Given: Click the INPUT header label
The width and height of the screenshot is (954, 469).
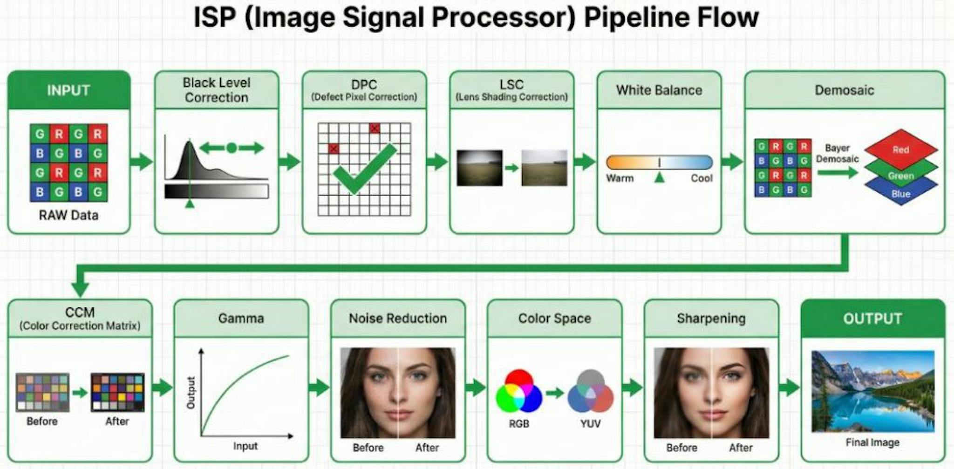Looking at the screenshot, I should coord(68,90).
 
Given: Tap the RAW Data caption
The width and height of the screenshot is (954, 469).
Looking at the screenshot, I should coord(68,215).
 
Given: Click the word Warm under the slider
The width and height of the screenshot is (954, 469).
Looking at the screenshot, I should coord(620,178).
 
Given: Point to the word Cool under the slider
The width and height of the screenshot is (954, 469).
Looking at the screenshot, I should coord(702,178).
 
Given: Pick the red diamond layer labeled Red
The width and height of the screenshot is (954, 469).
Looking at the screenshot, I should coord(900,149).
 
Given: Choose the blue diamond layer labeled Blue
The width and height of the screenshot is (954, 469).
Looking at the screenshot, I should coord(900,194).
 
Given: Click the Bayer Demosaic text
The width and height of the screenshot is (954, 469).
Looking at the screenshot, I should coord(837,154).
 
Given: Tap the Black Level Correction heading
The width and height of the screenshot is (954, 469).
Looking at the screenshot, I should coord(217,90).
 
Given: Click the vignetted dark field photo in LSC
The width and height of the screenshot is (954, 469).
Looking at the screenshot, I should coord(479,168).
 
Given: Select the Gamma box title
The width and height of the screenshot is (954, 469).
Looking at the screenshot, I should coord(241,319).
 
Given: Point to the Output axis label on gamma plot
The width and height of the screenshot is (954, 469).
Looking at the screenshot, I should coord(191,393).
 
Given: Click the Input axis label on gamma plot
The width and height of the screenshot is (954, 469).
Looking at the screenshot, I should coord(245,446).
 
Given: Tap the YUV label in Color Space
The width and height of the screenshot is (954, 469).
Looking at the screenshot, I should coord(590,424).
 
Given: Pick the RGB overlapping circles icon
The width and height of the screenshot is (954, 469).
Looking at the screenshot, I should coord(518,392).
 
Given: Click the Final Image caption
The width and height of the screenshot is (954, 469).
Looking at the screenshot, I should coord(872,442).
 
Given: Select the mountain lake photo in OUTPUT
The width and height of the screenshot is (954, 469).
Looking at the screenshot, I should coord(872,391).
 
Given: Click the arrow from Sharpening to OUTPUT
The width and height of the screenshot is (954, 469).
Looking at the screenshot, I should coord(789,387).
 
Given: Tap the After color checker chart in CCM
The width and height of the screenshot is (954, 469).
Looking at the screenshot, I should coord(117,392).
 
